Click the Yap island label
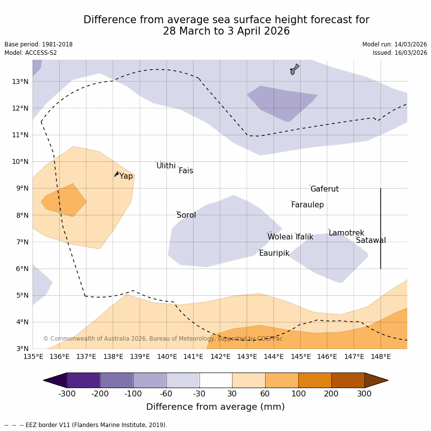click(126, 176)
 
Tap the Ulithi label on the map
click(166, 166)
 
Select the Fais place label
click(186, 171)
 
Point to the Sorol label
click(186, 215)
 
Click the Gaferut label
click(324, 189)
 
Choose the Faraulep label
click(307, 205)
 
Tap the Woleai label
click(280, 237)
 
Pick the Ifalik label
click(304, 237)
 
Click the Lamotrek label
click(346, 233)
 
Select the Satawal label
click(371, 240)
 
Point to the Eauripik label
click(274, 253)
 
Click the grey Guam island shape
click(294, 69)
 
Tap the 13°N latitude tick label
click(20, 81)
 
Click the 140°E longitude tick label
click(166, 356)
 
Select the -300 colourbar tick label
click(67, 393)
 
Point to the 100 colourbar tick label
click(298, 393)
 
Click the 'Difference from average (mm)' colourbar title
click(215, 407)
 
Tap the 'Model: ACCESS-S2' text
click(31, 53)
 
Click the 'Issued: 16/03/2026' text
click(400, 53)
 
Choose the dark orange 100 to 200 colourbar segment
click(314, 380)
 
